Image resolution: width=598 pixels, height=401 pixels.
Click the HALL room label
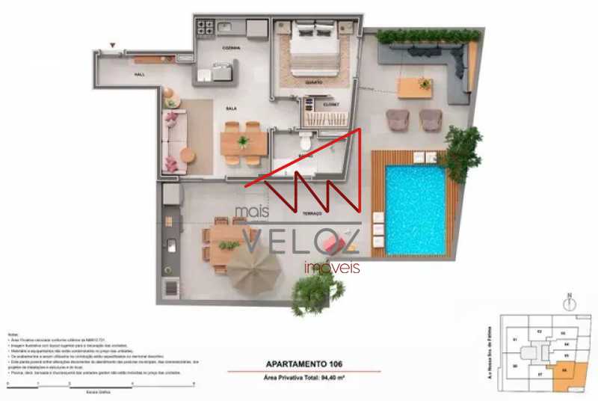click(139, 76)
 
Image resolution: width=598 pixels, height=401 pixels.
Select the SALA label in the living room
click(231, 108)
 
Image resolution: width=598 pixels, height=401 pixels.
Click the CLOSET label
click(330, 104)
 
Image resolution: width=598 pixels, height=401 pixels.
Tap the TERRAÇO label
click(312, 213)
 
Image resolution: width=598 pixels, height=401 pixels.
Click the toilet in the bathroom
click(304, 141)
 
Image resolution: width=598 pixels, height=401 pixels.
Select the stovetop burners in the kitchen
click(205, 28)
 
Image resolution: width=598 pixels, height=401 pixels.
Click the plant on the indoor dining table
click(242, 141)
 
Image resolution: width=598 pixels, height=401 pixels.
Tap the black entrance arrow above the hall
click(113, 48)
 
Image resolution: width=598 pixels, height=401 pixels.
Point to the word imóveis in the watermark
click(331, 268)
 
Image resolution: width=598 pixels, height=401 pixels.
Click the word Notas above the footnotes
click(13, 334)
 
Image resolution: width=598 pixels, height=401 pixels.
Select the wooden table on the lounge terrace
click(415, 88)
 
